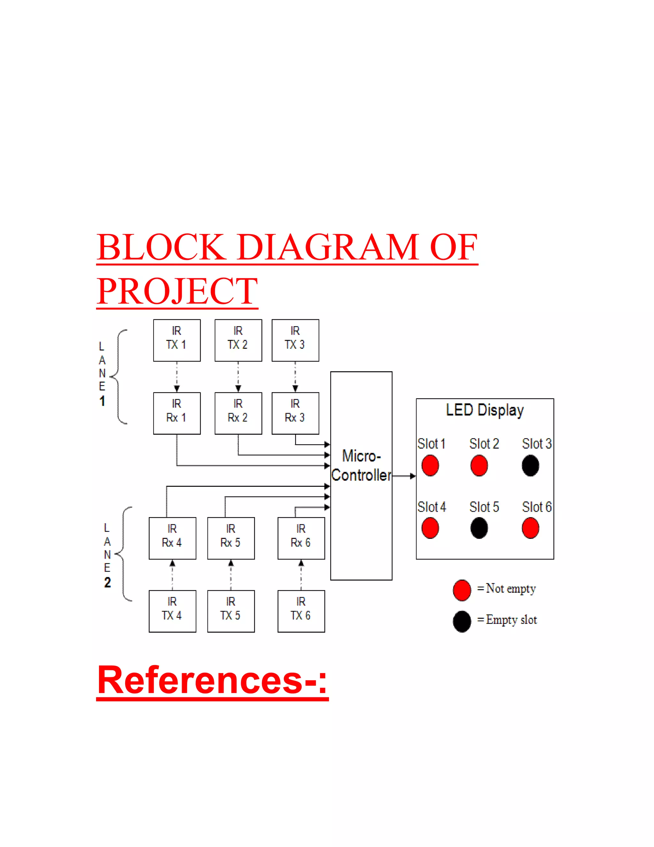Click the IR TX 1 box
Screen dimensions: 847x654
(177, 340)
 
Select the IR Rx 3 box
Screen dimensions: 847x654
(295, 413)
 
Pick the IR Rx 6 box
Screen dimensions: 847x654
(301, 538)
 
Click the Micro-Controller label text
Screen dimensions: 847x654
(361, 465)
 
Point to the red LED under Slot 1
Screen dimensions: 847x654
(430, 465)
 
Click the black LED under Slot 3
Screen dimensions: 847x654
(530, 465)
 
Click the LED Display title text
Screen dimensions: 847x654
(485, 410)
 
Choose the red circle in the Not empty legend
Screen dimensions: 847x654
(462, 590)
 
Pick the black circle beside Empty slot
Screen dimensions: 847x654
(462, 621)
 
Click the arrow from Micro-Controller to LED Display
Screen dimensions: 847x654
(404, 476)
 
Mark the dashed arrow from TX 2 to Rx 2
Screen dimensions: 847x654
(238, 377)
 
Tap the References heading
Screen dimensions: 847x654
(212, 680)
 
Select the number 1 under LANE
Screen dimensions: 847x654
(102, 401)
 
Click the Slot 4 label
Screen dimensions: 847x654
(432, 507)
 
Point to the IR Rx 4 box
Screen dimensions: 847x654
(172, 538)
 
